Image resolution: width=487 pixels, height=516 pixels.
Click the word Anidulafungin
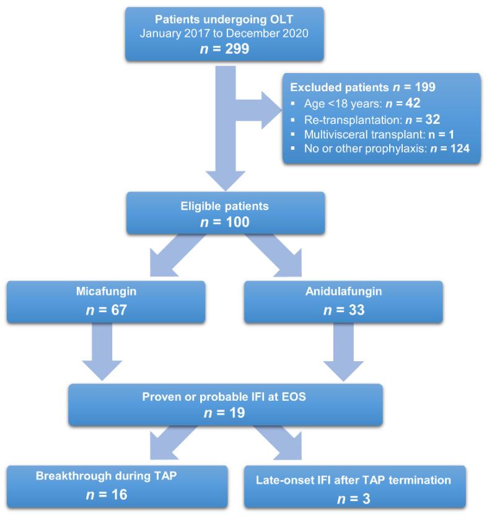[343, 291]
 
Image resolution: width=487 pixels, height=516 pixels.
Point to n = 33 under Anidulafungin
[343, 308]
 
